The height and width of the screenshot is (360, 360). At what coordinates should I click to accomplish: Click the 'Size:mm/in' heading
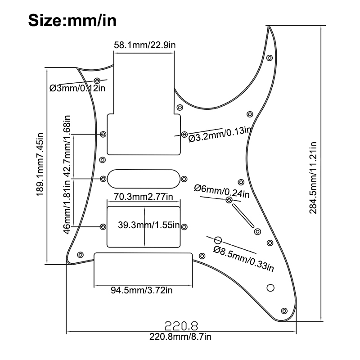tap(72, 20)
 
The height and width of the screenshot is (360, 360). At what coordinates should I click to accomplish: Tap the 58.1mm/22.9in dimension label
tap(144, 45)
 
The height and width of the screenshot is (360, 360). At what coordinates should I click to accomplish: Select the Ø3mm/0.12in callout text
tap(77, 88)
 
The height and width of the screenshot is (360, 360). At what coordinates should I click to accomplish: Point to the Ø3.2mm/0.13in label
tap(220, 135)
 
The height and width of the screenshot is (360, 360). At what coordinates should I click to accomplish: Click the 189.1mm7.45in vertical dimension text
tap(40, 164)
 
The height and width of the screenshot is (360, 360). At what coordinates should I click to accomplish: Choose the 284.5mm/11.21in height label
tap(313, 178)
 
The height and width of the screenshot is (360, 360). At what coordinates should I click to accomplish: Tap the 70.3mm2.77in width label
tap(144, 197)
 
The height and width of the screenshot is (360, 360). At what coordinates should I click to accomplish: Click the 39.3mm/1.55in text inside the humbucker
tap(148, 225)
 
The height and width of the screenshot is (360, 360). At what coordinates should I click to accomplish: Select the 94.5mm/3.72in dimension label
tap(141, 290)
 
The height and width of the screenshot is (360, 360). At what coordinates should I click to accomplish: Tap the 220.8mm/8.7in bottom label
tap(180, 337)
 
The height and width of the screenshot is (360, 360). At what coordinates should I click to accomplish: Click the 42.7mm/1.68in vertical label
tap(67, 146)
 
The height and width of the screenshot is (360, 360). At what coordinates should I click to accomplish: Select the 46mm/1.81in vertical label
tap(67, 207)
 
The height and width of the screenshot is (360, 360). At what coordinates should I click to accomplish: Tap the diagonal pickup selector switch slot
tap(243, 216)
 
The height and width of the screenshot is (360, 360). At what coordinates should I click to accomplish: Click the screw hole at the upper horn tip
tap(270, 58)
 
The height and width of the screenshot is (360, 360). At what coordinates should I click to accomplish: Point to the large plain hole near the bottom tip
tap(270, 288)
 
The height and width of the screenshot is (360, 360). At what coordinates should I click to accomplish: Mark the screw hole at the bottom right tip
tap(284, 311)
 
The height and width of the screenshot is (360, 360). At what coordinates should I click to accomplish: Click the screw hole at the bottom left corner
tap(80, 255)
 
